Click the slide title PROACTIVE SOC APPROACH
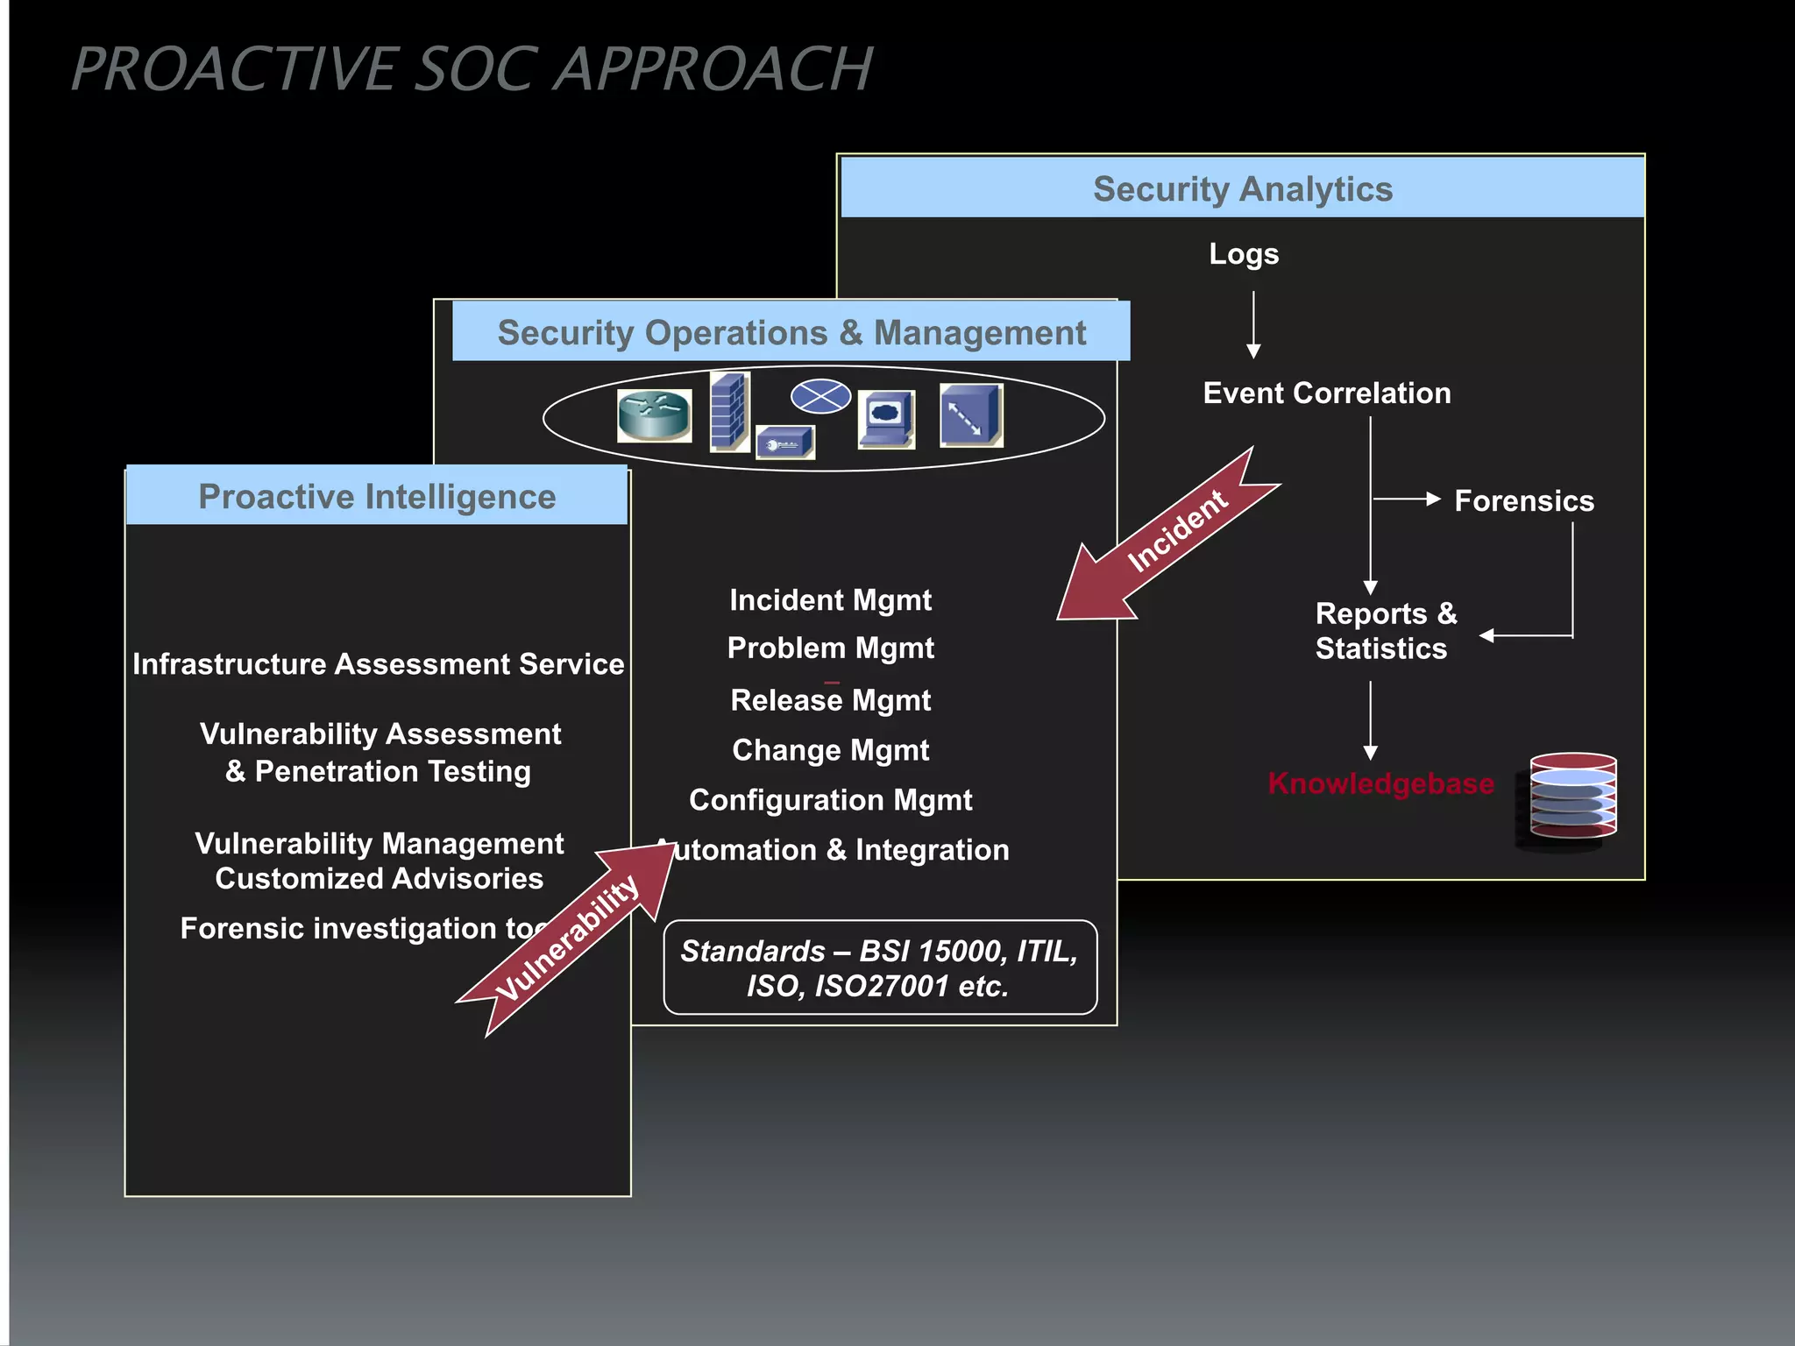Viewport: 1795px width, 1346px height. tap(472, 69)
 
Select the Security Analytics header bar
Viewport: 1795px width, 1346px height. tap(1242, 188)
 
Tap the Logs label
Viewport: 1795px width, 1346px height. tap(1243, 254)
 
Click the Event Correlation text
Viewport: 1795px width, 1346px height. tap(1326, 393)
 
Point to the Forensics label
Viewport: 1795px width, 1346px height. tap(1523, 500)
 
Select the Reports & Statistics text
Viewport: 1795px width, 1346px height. tap(1385, 631)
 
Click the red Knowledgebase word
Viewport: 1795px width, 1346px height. tap(1380, 783)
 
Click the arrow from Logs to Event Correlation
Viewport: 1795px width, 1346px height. tap(1253, 324)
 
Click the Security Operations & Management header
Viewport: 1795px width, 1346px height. tap(791, 332)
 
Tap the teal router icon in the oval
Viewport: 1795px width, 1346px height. tap(654, 415)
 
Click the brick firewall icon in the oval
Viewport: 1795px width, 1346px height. tap(729, 410)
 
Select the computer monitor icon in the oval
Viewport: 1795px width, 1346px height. tap(886, 418)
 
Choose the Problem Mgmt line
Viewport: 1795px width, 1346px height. tap(830, 648)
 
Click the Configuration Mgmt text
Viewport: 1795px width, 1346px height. tap(830, 799)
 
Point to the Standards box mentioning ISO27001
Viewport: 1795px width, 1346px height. tap(879, 967)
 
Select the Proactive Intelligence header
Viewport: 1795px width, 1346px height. tap(377, 496)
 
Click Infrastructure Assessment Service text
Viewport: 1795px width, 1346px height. tap(378, 663)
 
